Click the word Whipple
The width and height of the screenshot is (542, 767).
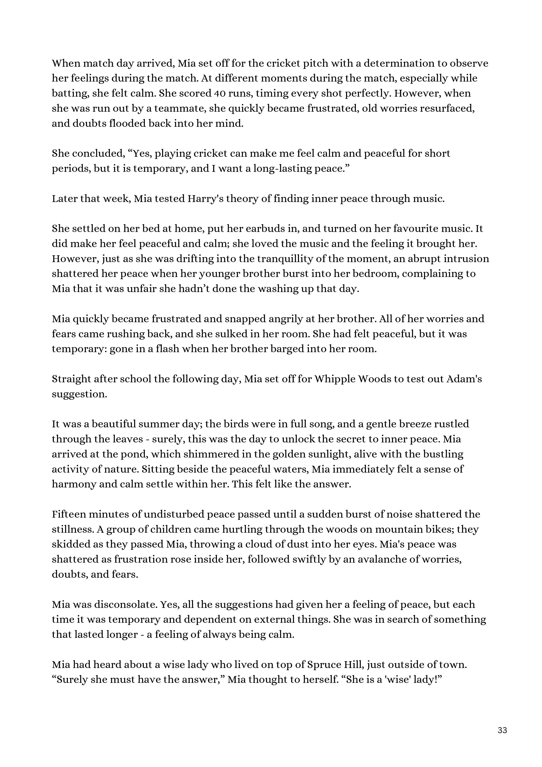[335, 379]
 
